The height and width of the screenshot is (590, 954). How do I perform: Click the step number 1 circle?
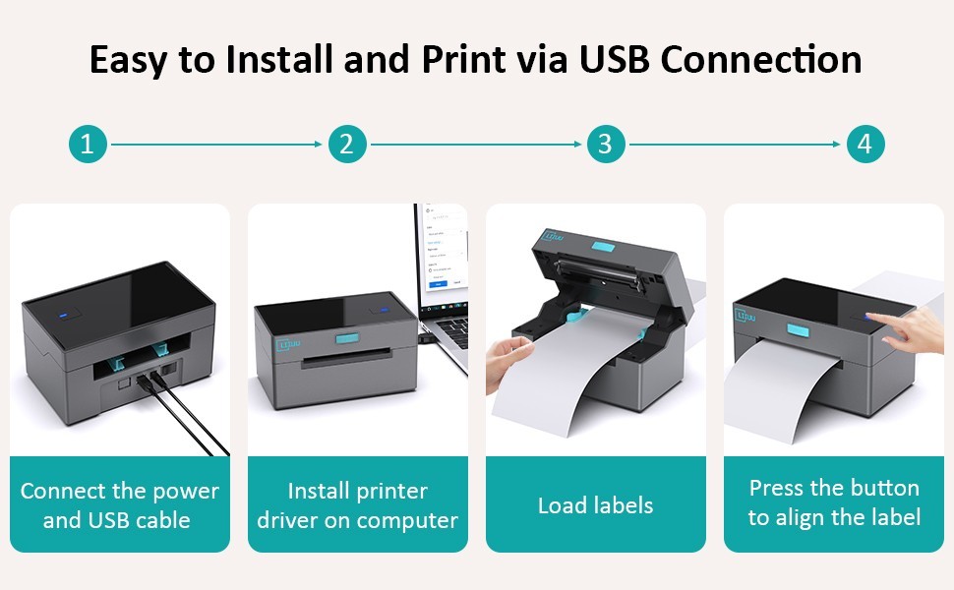[88, 145]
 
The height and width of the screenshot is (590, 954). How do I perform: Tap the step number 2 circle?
[346, 145]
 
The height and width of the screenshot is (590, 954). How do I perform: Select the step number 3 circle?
[606, 145]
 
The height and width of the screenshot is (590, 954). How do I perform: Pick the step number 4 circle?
[865, 145]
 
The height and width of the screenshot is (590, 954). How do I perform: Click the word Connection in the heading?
[761, 59]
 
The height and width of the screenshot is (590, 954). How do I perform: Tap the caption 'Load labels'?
[595, 505]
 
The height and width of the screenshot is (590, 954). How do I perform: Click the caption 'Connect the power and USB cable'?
[119, 505]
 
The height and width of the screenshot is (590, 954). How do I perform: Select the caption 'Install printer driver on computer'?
[358, 505]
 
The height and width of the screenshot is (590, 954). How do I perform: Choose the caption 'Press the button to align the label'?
[834, 502]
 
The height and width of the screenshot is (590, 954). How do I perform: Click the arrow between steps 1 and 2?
[216, 145]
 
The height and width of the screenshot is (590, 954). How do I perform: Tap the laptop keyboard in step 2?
[451, 328]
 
